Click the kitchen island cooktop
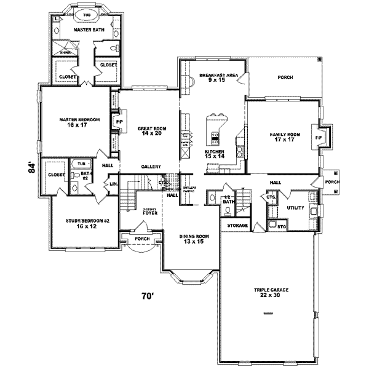(x=216, y=136)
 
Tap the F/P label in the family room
(x=318, y=137)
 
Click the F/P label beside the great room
(x=119, y=122)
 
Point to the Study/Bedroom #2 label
(x=86, y=223)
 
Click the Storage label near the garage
(x=237, y=226)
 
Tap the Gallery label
(x=151, y=166)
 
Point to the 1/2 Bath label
(x=229, y=199)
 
